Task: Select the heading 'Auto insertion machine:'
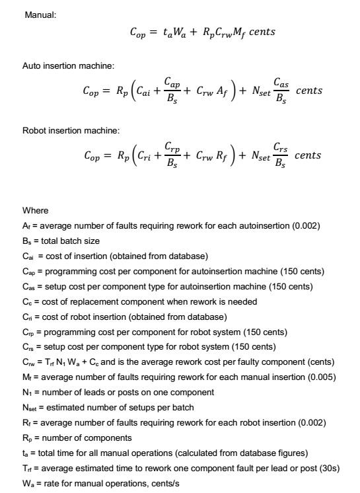(x=68, y=66)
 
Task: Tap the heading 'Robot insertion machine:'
(x=71, y=130)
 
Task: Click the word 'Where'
(x=35, y=211)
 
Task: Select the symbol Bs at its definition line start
(x=26, y=241)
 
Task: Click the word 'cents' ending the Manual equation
(x=258, y=32)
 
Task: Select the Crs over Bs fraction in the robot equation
(x=281, y=155)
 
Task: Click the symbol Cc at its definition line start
(x=26, y=301)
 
